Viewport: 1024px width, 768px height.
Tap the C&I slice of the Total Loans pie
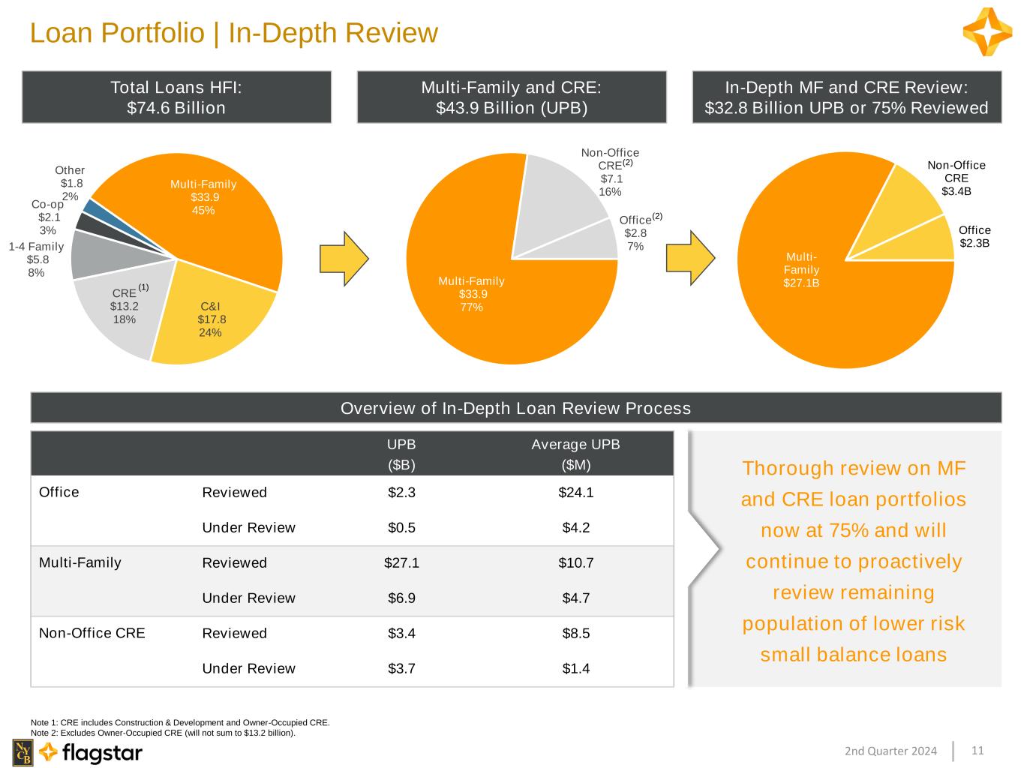212,313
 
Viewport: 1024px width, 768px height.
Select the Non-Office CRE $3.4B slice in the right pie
900,200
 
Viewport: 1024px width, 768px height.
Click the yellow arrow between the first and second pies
344,258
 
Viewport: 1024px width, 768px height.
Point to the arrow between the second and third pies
690,258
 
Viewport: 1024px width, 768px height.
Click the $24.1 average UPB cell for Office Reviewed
575,493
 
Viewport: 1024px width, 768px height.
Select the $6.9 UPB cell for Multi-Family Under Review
401,598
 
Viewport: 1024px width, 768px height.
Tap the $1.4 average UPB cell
575,668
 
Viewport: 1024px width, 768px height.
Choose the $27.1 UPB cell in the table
401,562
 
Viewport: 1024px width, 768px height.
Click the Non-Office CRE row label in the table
92,633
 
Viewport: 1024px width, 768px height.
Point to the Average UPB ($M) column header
575,454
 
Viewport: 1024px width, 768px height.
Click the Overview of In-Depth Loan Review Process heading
515,408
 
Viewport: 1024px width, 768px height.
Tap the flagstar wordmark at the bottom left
102,752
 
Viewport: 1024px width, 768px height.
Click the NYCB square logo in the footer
23,752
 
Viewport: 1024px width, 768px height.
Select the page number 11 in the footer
977,750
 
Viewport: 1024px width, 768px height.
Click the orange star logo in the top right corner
987,31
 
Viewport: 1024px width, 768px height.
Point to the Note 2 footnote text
164,733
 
